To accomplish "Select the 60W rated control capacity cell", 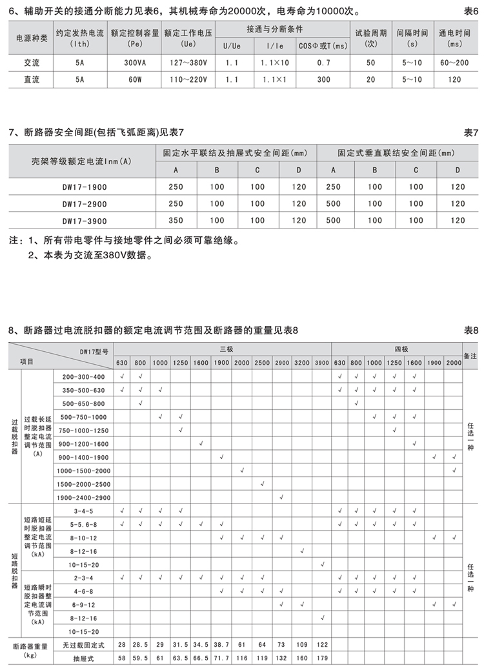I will coord(136,79).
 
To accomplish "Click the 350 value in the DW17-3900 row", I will coord(176,220).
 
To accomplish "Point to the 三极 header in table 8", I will coord(223,349).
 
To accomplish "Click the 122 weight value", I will coord(322,645).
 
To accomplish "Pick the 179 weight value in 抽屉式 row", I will coord(322,659).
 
